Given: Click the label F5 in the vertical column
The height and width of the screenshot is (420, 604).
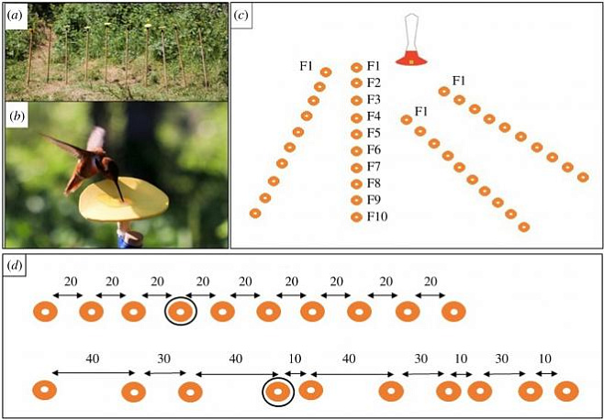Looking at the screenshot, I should (x=374, y=133).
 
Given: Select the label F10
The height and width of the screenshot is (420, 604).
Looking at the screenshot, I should (x=376, y=216).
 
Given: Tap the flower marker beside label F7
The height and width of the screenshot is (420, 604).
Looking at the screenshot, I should (x=357, y=166).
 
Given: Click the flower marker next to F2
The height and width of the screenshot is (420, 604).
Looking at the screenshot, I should (x=357, y=83).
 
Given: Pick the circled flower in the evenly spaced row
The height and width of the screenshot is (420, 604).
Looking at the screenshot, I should (x=181, y=313).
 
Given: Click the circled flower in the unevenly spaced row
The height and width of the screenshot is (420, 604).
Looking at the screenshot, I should (x=278, y=392).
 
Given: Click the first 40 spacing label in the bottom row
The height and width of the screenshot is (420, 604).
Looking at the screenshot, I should (x=94, y=358).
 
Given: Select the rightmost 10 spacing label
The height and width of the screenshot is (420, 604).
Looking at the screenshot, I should (x=544, y=358).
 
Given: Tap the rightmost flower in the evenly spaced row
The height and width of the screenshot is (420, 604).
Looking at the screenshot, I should (x=453, y=313).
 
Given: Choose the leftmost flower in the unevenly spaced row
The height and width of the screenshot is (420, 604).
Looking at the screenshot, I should (x=43, y=392).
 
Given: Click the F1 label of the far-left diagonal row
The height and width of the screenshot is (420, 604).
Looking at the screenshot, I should (x=308, y=66).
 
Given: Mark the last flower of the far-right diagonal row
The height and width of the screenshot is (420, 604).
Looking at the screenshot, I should (x=582, y=176).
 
